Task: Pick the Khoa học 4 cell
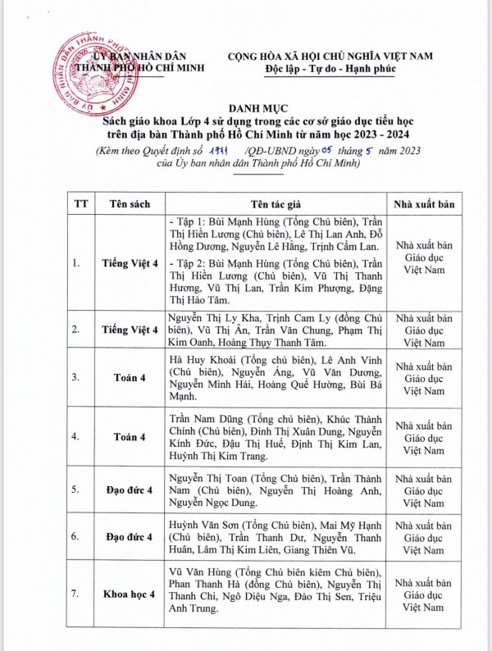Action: click(130, 594)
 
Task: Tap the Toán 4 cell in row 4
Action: click(130, 437)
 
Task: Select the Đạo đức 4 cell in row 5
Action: click(130, 489)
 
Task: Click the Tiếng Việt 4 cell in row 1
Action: click(130, 263)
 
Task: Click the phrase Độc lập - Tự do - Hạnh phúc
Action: click(326, 69)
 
